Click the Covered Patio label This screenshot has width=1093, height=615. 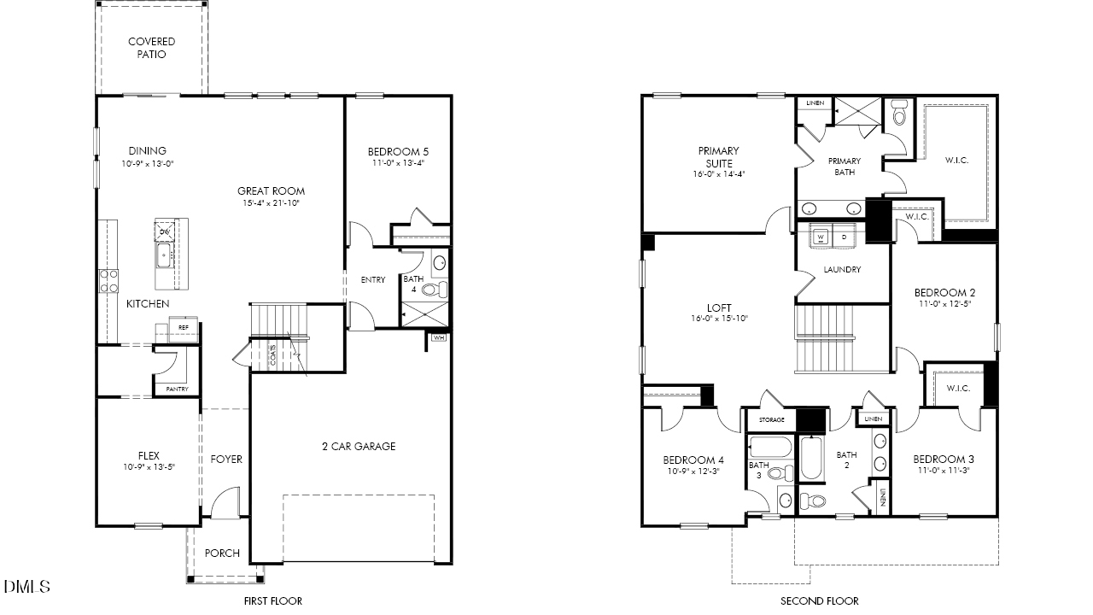(x=151, y=48)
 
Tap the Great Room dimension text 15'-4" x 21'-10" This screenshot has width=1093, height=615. (x=271, y=203)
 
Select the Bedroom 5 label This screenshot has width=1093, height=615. (x=398, y=152)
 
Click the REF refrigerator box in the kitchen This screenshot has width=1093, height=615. (x=184, y=326)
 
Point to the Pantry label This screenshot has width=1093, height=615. (x=177, y=389)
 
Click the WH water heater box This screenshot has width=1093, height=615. (x=439, y=337)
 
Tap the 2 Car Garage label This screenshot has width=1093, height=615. (x=359, y=446)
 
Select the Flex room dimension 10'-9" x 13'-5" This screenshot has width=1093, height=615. (x=149, y=467)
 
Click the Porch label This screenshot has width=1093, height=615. (x=222, y=553)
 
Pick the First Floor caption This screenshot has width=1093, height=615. (x=272, y=600)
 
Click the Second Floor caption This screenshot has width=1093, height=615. (x=820, y=600)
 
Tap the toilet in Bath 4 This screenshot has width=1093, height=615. (x=433, y=290)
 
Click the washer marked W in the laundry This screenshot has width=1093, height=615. (x=821, y=237)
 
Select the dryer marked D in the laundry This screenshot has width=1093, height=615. (x=844, y=237)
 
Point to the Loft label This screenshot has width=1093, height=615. (x=719, y=307)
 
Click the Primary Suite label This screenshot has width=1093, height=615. (x=719, y=157)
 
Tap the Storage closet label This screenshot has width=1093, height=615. (x=771, y=420)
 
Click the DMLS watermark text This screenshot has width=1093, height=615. (x=27, y=587)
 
